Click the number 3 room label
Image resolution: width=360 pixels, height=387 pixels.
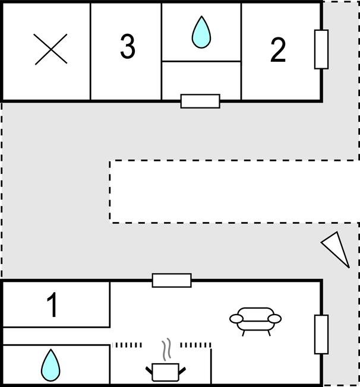(x=128, y=46)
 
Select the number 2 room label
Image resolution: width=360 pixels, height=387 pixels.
(x=278, y=50)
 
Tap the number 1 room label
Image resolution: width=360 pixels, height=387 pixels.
(x=52, y=304)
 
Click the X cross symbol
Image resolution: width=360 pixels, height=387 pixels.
(x=50, y=49)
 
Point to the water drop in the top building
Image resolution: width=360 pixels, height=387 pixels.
(x=201, y=32)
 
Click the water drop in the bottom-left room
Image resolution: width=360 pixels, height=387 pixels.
(x=50, y=365)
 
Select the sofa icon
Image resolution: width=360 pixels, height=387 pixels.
(x=255, y=322)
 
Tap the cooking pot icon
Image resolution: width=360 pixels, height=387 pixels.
(x=166, y=372)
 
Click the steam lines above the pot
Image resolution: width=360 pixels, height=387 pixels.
(x=167, y=349)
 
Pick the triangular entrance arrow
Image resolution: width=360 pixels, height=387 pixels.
(x=336, y=249)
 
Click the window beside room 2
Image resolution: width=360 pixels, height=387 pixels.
(x=321, y=49)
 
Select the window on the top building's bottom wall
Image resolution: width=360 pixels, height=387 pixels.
(x=200, y=101)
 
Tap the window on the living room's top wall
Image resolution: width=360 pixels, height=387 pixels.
(x=172, y=280)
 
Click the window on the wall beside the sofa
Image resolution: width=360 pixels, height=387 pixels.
(x=321, y=334)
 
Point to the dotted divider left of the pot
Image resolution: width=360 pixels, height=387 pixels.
(x=127, y=345)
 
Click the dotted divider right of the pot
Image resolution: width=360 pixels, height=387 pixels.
(x=195, y=345)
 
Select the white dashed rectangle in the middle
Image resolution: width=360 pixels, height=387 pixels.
(x=235, y=192)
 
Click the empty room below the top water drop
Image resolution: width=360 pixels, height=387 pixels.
(x=201, y=80)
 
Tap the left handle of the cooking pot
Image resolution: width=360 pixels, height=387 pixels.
(x=149, y=371)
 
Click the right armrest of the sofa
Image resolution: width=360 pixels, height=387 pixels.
(x=275, y=319)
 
